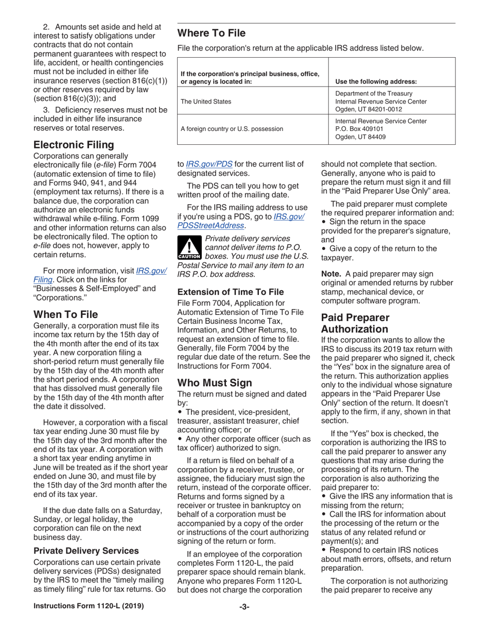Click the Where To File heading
click(212, 34)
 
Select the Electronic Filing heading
click(74, 144)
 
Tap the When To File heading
click(65, 314)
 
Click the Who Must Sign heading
click(215, 369)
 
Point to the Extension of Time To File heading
click(231, 292)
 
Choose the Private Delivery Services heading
click(86, 550)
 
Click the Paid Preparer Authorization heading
click(355, 323)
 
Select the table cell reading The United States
click(206, 102)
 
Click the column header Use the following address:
click(376, 81)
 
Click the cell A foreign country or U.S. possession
click(232, 129)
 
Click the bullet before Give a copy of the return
click(324, 248)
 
